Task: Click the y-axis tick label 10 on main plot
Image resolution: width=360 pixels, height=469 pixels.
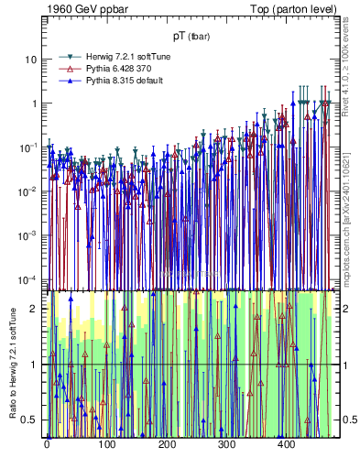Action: click(30, 60)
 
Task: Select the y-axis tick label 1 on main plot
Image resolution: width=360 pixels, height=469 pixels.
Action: click(33, 104)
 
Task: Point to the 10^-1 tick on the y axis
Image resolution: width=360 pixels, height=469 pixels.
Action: click(28, 147)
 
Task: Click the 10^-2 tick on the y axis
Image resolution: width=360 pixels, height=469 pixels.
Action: click(28, 191)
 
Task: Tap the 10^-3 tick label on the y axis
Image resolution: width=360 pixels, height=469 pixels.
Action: click(28, 234)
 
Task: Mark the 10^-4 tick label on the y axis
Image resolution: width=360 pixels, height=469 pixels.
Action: click(28, 278)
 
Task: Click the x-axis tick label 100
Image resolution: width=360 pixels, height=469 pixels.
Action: click(106, 445)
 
